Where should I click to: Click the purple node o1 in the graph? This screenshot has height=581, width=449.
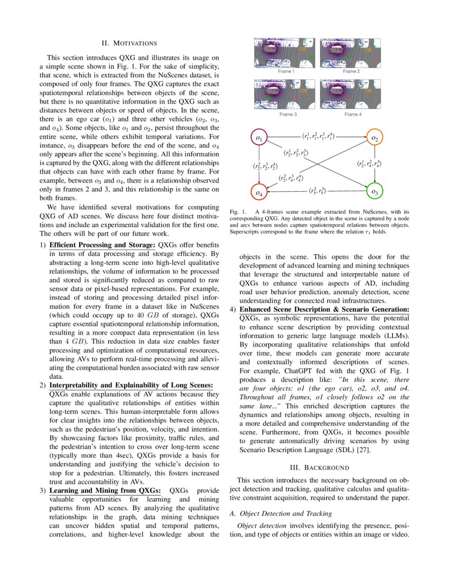(x=259, y=138)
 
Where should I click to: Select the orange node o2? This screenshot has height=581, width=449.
(x=374, y=138)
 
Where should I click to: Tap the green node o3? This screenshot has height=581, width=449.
(x=374, y=191)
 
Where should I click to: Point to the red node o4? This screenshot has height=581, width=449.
(x=259, y=193)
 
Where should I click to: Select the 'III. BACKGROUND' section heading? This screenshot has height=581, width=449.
(x=320, y=467)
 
